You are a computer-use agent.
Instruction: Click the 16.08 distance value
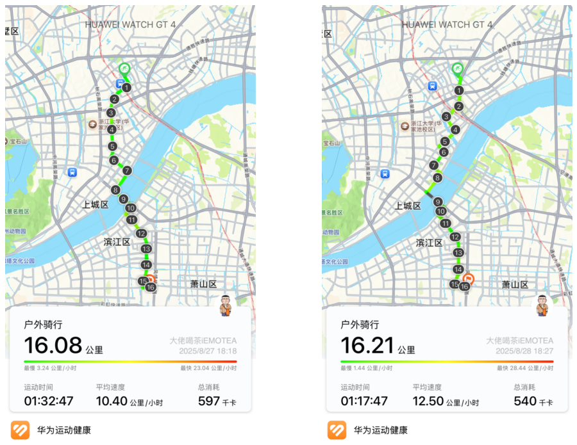coord(53,345)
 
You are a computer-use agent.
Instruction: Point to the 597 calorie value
coord(208,401)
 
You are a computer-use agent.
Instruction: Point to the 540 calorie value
coord(525,401)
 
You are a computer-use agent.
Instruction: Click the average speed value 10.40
coord(111,401)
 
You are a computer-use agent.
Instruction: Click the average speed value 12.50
coord(428,401)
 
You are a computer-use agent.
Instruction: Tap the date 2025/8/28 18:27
coord(524,352)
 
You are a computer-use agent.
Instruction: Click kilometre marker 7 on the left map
coord(127,170)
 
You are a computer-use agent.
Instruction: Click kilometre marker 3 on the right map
coord(446,117)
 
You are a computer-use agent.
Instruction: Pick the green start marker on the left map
coord(125,69)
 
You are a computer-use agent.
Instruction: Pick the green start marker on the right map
coord(457,69)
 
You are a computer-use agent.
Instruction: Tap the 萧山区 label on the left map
coord(203,284)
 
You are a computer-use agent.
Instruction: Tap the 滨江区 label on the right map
coord(428,243)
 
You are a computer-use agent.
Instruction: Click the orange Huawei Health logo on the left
coord(20,430)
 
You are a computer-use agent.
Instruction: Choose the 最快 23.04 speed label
coord(208,368)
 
